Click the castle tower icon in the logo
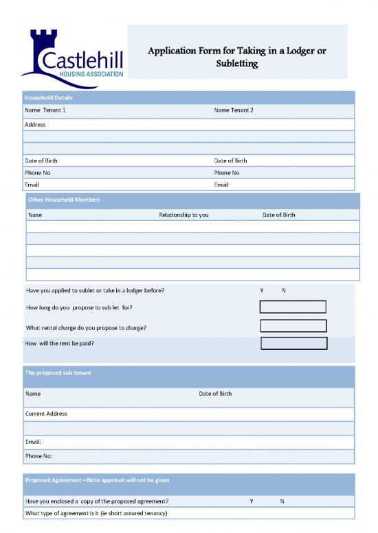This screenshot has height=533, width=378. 41,43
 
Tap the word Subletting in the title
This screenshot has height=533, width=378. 237,64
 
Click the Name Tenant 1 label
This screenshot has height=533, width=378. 45,110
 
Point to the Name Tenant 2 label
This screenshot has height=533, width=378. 234,110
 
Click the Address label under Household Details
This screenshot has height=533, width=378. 35,125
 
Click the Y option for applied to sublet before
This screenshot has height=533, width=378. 262,290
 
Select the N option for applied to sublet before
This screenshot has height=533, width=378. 284,290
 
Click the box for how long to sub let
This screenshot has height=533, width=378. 293,307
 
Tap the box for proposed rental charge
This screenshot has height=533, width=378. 293,326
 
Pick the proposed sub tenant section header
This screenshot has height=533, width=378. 58,372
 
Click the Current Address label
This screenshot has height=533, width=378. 47,414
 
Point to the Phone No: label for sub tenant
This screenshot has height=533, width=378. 39,455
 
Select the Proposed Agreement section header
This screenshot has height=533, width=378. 97,480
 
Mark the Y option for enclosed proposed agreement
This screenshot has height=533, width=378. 252,501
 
